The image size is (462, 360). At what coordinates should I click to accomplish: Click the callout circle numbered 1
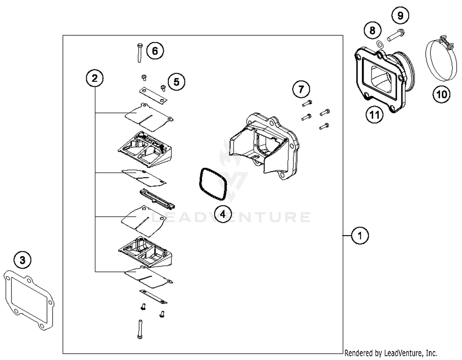[x=359, y=236]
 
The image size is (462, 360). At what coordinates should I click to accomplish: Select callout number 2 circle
[x=95, y=78]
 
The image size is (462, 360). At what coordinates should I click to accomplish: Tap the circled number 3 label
[x=22, y=260]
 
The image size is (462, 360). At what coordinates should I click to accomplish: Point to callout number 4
[x=223, y=214]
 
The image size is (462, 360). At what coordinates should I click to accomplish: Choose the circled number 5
[x=176, y=82]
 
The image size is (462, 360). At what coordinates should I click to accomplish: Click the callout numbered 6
[x=155, y=51]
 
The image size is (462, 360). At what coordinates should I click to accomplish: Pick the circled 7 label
[x=301, y=89]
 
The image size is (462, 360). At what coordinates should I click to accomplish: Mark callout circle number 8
[x=372, y=30]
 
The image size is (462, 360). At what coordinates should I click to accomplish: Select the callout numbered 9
[x=400, y=15]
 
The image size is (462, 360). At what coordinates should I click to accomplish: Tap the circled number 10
[x=441, y=94]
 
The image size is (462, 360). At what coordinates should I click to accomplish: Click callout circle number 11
[x=374, y=115]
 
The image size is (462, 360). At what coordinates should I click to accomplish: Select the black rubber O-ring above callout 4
[x=213, y=184]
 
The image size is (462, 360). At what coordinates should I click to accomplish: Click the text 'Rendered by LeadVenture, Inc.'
[x=391, y=353]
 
